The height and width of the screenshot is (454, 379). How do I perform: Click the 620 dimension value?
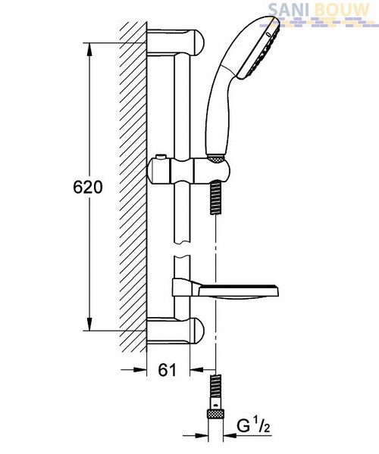pos(88,187)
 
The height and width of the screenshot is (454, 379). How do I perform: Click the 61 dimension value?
pos(168,370)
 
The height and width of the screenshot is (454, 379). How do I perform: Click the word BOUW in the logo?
pos(341,11)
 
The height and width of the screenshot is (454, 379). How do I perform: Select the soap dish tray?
pos(226,291)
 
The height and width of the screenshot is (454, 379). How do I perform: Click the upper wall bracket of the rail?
pos(176,42)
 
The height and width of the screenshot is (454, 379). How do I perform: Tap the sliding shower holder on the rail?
pos(189,171)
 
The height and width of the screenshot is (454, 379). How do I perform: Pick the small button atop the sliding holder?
pos(160,157)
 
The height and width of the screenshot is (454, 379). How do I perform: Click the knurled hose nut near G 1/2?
pos(215,414)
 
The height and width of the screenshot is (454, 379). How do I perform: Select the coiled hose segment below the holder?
pos(216,197)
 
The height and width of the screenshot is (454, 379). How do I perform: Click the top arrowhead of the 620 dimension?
pos(89,49)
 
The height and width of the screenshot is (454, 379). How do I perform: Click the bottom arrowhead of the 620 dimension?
pos(89,325)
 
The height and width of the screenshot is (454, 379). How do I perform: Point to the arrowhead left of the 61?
pos(140,369)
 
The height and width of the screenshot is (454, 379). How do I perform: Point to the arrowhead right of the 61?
pos(196,369)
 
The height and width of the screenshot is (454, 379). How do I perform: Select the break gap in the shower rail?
pos(183,249)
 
